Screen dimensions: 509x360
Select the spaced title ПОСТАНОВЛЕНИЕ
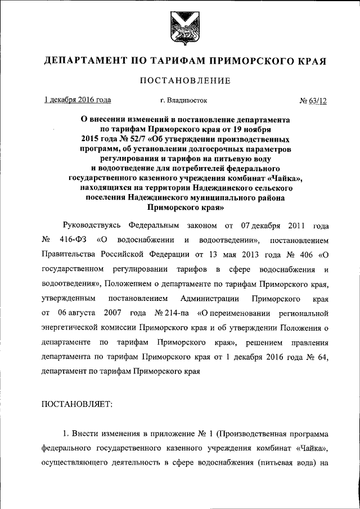pyautogui.click(x=185, y=81)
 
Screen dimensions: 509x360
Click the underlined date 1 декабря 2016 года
pyautogui.click(x=78, y=100)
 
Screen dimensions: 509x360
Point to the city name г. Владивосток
pyautogui.click(x=184, y=101)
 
